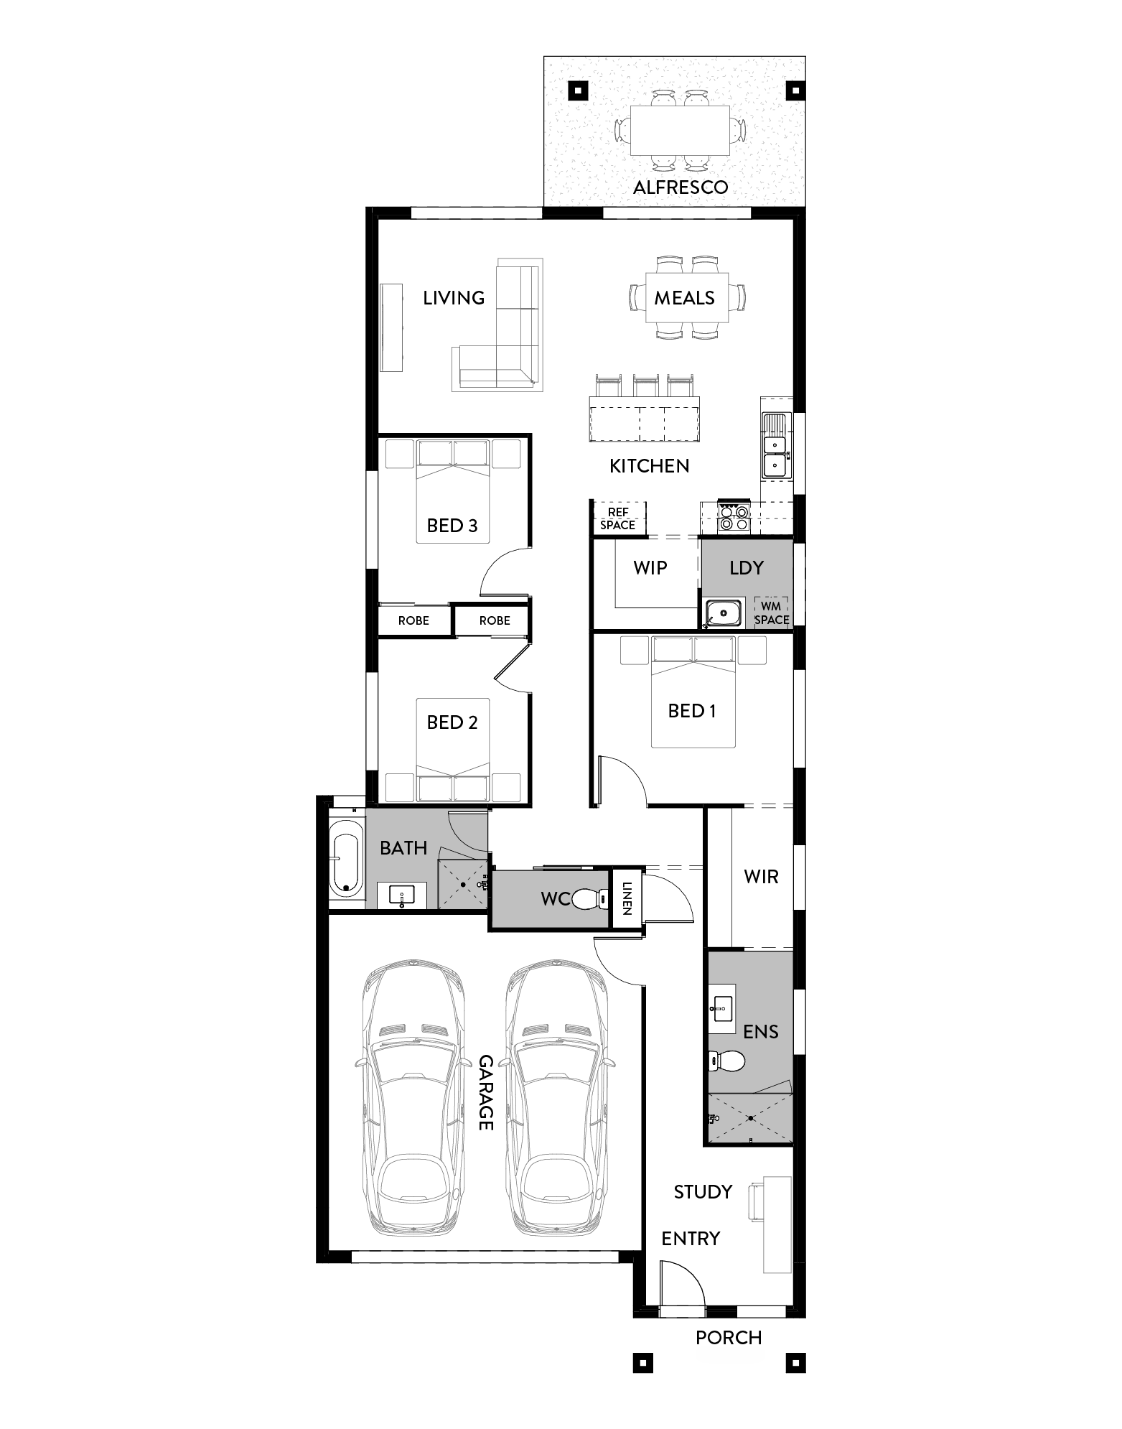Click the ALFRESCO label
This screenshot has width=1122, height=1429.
click(681, 187)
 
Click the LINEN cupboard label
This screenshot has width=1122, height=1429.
click(627, 898)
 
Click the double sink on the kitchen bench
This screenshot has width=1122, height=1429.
click(775, 444)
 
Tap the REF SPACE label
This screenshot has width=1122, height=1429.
click(618, 518)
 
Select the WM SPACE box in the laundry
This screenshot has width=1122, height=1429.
click(772, 613)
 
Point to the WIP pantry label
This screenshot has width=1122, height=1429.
click(650, 568)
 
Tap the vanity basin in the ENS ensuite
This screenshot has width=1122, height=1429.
click(722, 1008)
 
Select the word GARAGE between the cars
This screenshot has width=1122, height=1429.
click(487, 1092)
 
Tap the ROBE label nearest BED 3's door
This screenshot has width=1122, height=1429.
click(495, 620)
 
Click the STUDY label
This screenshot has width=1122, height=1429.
click(703, 1192)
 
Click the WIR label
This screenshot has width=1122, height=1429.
click(761, 877)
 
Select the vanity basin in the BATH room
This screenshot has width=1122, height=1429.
click(401, 895)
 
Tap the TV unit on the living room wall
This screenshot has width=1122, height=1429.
click(392, 327)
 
